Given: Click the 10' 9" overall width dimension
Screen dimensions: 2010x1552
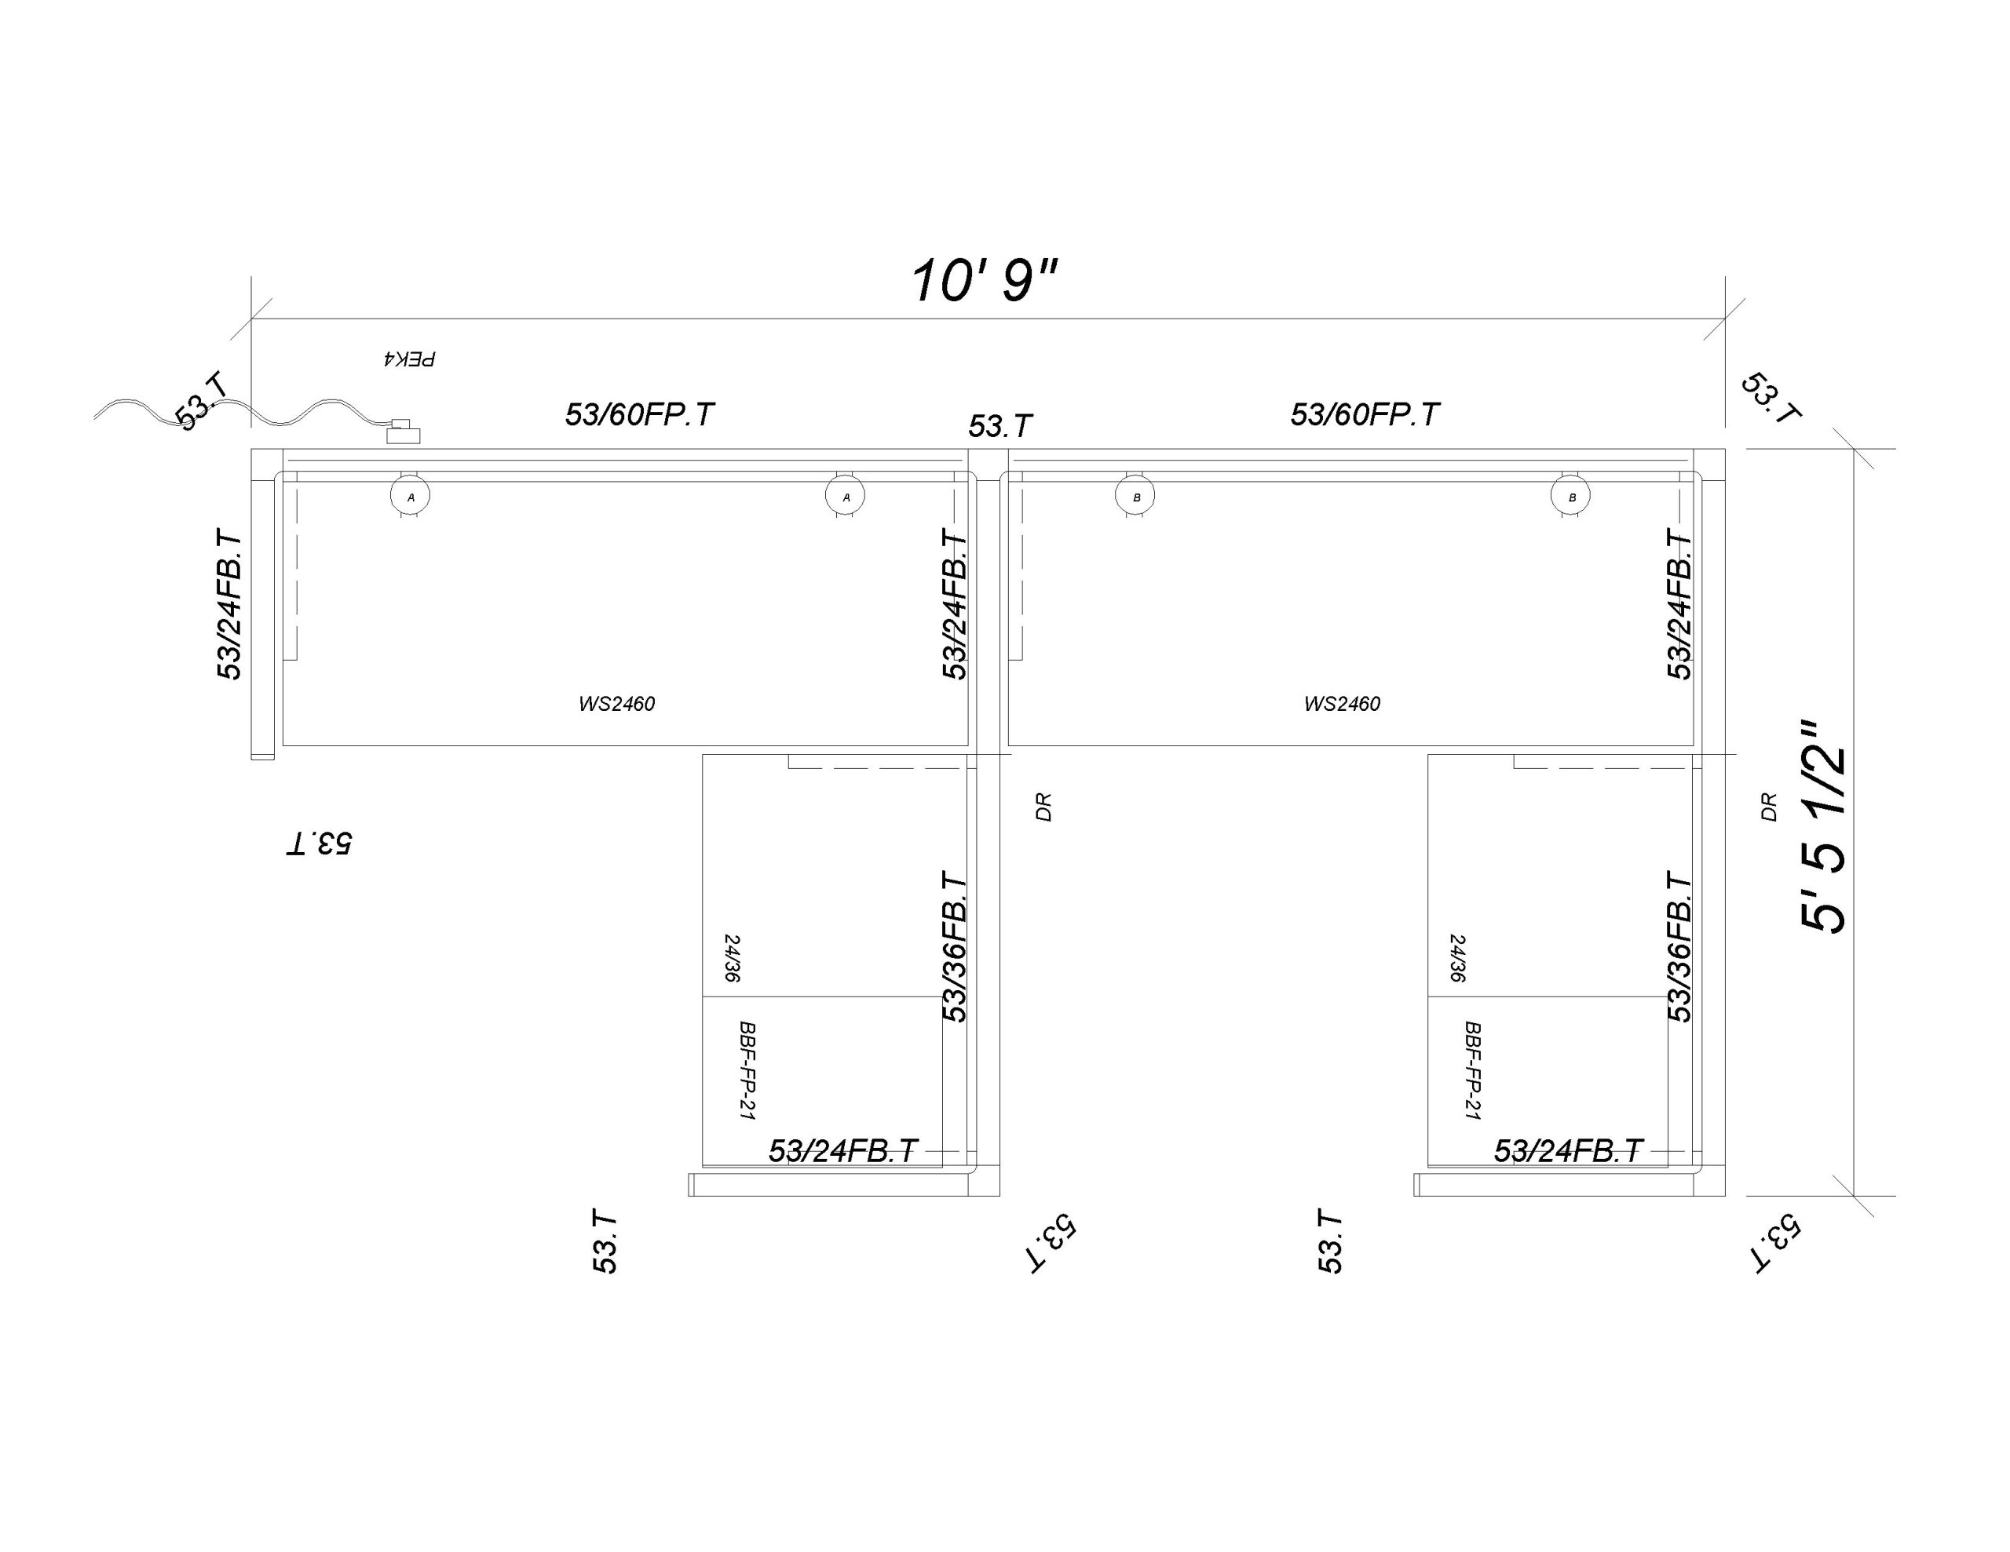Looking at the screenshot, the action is point(984,281).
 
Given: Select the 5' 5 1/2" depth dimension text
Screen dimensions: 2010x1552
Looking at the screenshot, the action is point(1823,827).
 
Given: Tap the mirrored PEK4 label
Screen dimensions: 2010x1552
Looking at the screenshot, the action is point(408,358).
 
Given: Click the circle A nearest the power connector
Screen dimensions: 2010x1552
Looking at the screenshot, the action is point(411,497).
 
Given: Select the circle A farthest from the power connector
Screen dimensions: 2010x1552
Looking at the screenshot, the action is point(846,497).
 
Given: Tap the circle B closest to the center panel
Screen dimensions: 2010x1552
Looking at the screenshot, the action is point(1135,497).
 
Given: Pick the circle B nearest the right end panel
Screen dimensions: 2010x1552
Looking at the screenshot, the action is point(1571,497).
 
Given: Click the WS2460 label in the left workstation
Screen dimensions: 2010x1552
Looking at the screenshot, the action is point(616,704).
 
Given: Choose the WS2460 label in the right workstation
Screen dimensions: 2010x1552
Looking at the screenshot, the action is point(1342,704).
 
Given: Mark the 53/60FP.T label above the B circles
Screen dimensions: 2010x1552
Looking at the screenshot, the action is point(1365,415).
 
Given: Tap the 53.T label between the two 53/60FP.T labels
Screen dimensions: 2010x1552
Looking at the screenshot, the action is point(1000,426).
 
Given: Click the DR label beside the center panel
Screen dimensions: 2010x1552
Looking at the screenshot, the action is point(1043,807).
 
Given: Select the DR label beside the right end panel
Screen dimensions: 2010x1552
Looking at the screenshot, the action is point(1769,807).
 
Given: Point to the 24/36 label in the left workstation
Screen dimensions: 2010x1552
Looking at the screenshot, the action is point(733,959).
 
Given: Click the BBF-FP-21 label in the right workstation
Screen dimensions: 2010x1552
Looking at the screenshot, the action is point(1472,1070).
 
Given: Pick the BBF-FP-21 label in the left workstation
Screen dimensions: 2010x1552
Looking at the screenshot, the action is point(747,1070).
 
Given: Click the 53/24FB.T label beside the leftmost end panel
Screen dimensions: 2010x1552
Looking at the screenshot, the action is point(229,604).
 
